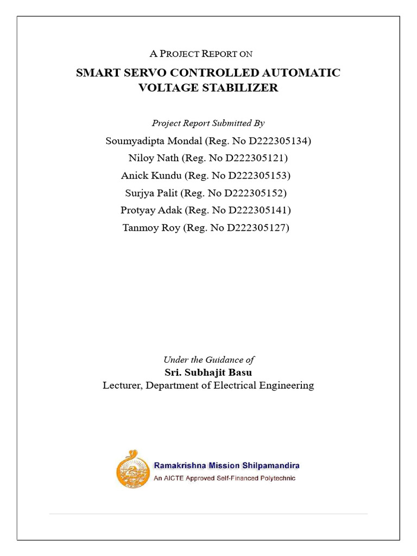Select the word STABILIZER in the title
click(x=243, y=88)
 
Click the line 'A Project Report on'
click(x=201, y=54)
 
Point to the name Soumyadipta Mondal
click(x=153, y=141)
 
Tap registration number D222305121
click(x=254, y=159)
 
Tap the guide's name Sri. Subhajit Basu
click(x=208, y=372)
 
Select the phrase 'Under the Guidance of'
click(x=208, y=359)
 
